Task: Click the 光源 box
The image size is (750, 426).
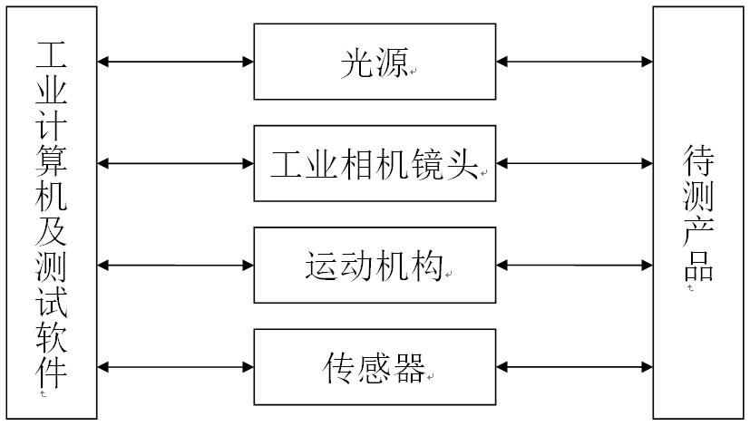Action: pyautogui.click(x=375, y=62)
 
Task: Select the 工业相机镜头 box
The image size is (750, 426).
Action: pyautogui.click(x=375, y=164)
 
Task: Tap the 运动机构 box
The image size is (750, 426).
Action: pyautogui.click(x=375, y=266)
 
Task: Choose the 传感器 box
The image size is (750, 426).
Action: pyautogui.click(x=375, y=367)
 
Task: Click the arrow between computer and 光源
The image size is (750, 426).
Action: pyautogui.click(x=175, y=62)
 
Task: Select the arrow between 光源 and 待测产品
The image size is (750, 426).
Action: pyautogui.click(x=575, y=62)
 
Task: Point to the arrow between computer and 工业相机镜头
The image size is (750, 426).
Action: pyautogui.click(x=175, y=164)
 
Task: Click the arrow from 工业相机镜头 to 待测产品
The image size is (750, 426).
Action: pyautogui.click(x=575, y=164)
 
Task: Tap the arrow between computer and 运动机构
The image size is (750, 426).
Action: pyautogui.click(x=175, y=266)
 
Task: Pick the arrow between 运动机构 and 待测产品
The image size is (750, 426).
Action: pyautogui.click(x=575, y=266)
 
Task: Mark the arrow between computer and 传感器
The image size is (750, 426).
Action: pyautogui.click(x=175, y=367)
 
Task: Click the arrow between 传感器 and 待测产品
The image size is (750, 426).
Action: pyautogui.click(x=575, y=367)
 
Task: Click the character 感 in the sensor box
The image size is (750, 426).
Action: pyautogui.click(x=375, y=367)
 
